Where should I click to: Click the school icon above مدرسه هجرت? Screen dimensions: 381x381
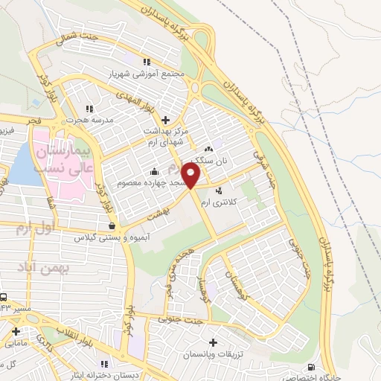[x=89, y=109]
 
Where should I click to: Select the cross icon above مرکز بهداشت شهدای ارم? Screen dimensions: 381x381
[x=164, y=119]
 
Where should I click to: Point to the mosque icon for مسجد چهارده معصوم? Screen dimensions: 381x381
[x=153, y=170]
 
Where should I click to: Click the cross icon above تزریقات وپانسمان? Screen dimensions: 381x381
[x=214, y=342]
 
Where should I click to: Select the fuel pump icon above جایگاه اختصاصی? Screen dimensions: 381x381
[x=310, y=366]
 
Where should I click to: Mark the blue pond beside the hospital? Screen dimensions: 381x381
[x=22, y=164]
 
